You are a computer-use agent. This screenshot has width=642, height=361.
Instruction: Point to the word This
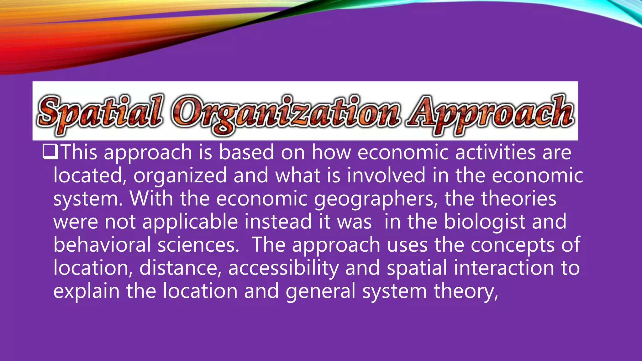pos(79,152)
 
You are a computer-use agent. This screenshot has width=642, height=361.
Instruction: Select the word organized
pos(180,175)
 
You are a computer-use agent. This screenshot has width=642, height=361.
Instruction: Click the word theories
pos(519,199)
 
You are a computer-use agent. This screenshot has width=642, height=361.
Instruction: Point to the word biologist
pos(484,222)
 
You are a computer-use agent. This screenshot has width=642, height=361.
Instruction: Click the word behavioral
pos(102,245)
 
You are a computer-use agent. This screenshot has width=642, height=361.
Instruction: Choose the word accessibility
pos(283,268)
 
